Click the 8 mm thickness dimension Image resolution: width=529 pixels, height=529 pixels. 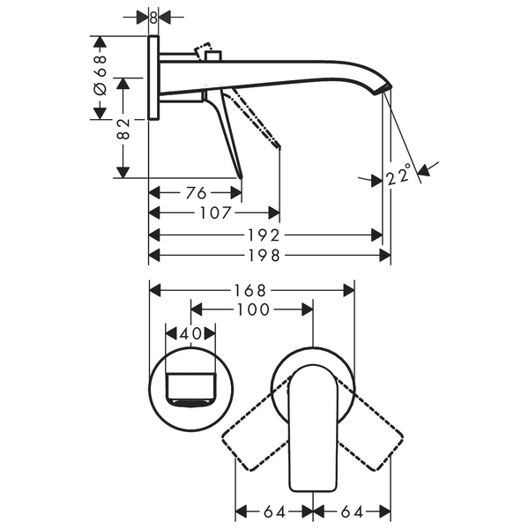[x=153, y=18]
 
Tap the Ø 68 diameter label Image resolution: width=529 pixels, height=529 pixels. [x=101, y=75]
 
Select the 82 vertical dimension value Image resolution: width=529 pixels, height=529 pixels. [x=123, y=129]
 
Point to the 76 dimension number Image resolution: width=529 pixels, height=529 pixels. [x=196, y=193]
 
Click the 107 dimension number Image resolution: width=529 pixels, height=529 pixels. [x=216, y=212]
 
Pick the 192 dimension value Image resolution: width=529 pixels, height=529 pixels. [x=264, y=235]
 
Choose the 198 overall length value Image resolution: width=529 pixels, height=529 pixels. [x=264, y=256]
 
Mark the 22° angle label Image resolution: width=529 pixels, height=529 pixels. [x=399, y=174]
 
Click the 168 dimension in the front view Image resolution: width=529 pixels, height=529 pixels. [x=250, y=290]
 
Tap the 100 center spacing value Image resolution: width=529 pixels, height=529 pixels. [x=253, y=309]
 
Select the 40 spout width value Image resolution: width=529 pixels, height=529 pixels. [x=190, y=334]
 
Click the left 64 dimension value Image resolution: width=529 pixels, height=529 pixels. [x=274, y=511]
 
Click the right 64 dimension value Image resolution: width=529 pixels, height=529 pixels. [x=352, y=511]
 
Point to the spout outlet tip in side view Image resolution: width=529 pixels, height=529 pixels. [x=383, y=90]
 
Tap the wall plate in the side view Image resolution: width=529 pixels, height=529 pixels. [x=153, y=78]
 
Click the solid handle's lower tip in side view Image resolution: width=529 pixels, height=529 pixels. [x=241, y=176]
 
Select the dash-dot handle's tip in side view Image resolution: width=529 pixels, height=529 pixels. [x=279, y=146]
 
